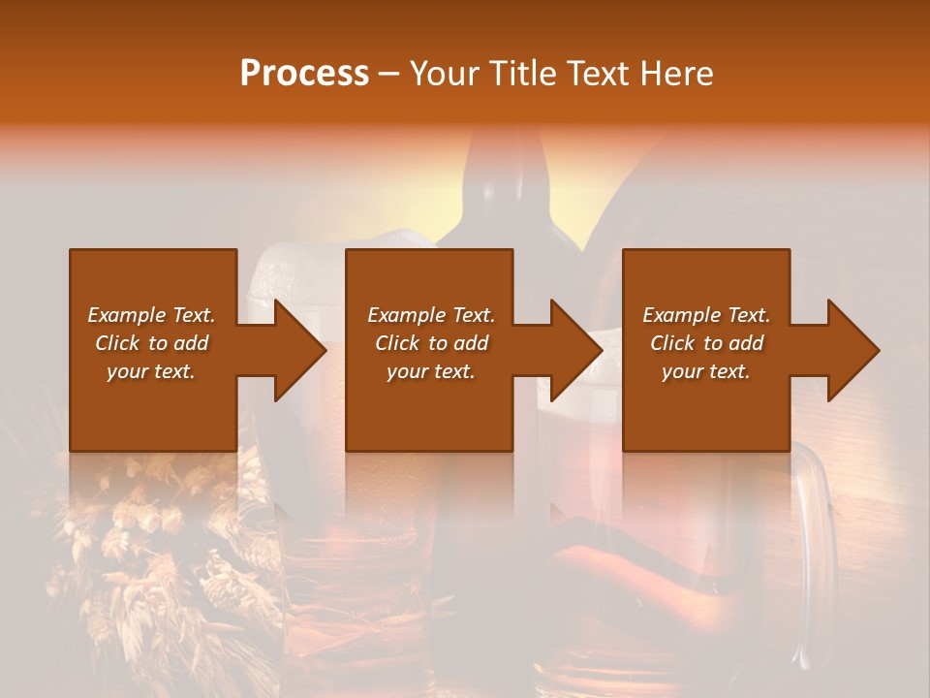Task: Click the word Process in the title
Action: point(304,74)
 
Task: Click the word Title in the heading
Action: point(519,74)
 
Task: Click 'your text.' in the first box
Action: point(151,371)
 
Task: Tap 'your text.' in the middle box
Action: point(430,371)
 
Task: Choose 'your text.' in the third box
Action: point(706,371)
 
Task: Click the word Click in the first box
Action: point(118,343)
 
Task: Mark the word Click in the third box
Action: point(673,343)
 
